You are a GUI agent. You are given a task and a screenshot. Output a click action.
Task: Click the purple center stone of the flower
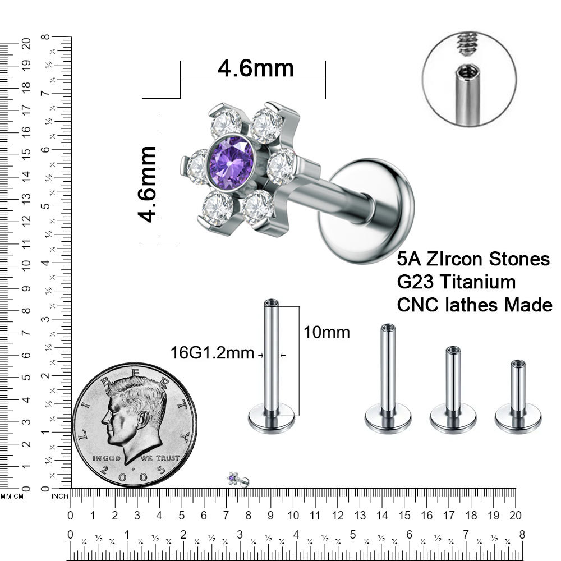[231, 163]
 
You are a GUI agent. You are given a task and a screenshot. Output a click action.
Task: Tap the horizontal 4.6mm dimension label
[256, 68]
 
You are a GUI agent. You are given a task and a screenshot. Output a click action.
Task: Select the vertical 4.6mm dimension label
[147, 184]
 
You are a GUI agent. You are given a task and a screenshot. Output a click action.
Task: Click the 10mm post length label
[327, 332]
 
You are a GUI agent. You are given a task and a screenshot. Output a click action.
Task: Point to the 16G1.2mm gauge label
[212, 353]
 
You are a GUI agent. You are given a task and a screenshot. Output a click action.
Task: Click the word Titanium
[478, 282]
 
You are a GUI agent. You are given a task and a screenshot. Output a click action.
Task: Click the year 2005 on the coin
[133, 473]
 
